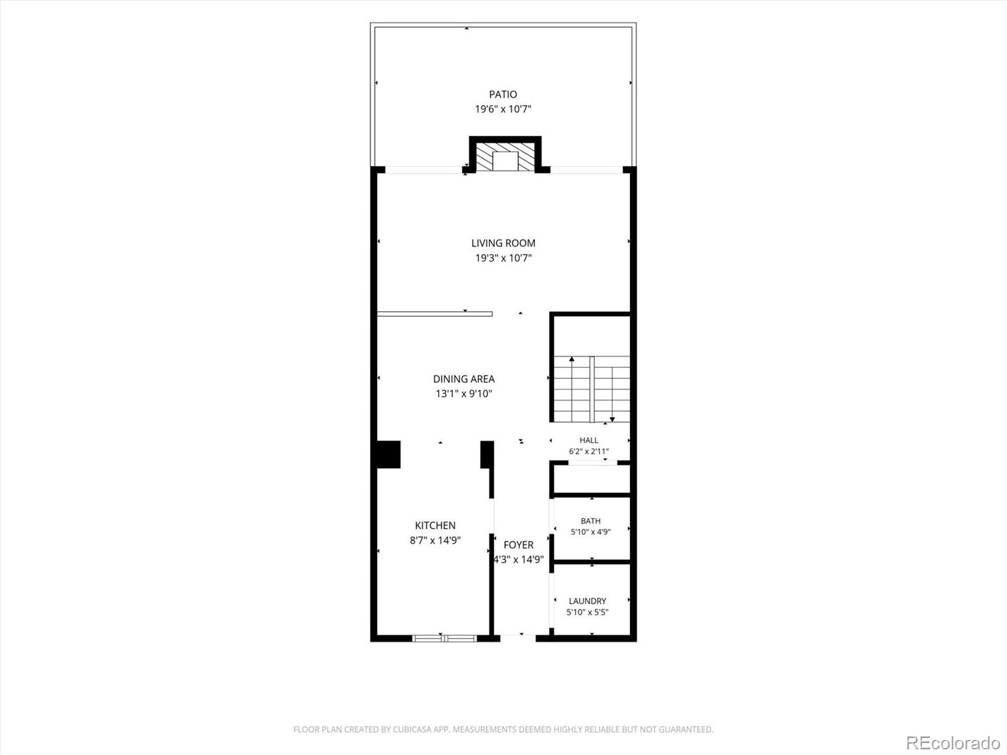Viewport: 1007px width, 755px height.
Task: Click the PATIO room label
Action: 503,94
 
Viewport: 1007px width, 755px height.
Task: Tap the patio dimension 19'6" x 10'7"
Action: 503,109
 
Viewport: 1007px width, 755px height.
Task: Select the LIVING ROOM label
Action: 503,243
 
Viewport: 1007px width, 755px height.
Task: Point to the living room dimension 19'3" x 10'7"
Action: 503,258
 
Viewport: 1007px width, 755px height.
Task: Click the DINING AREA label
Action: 464,379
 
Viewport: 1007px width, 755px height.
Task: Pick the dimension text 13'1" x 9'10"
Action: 464,394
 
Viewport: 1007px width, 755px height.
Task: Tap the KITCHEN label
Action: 436,525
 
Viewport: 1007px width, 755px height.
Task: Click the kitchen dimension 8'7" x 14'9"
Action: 436,540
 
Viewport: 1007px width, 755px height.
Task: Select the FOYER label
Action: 519,545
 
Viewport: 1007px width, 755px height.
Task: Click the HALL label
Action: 588,440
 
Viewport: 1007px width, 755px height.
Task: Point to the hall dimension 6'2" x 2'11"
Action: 588,452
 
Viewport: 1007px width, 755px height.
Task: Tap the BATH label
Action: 590,521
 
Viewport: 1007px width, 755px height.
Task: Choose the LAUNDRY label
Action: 588,601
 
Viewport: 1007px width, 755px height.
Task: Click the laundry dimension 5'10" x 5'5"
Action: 588,612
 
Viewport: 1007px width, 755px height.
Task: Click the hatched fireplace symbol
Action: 505,157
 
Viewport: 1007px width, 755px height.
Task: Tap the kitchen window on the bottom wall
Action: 444,638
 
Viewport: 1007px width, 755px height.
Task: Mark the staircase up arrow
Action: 571,389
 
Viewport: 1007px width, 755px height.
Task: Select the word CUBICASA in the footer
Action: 412,729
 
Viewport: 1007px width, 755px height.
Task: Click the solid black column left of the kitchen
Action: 388,454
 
